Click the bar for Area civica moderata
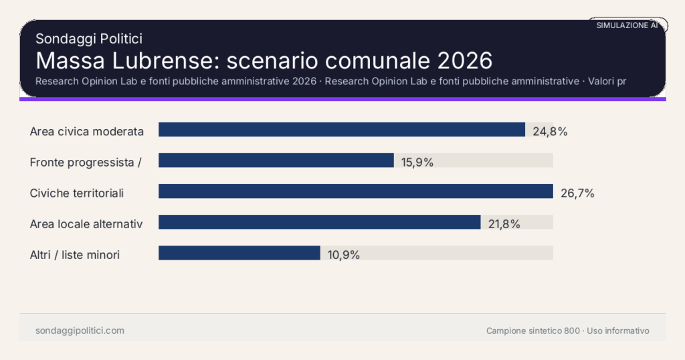pos(341,130)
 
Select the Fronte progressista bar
pos(276,161)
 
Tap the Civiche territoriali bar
pos(355,191)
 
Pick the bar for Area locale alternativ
pos(319,222)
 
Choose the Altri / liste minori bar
pos(239,253)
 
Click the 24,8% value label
pos(550,131)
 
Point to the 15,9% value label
pos(417,162)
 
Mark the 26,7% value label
pos(577,193)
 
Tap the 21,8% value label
pos(504,224)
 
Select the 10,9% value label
pos(344,255)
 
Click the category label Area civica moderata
pos(87,131)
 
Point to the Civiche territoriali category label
pos(77,193)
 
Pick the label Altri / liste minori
pos(75,255)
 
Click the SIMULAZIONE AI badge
pos(627,25)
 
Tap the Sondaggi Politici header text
pos(89,39)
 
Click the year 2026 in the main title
pos(465,61)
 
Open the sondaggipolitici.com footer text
pos(80,331)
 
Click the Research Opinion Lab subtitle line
pos(334,82)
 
